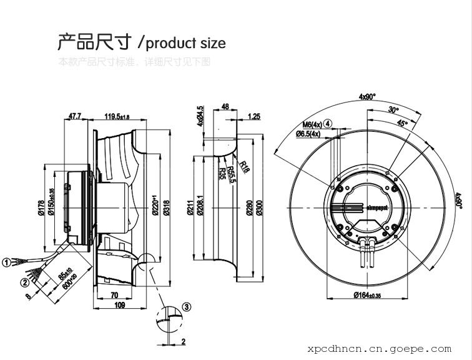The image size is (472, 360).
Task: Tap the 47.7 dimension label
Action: click(x=75, y=116)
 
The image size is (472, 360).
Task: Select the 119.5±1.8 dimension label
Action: click(x=116, y=116)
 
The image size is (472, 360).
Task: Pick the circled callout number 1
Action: click(x=6, y=262)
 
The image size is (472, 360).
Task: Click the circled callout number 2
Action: click(x=25, y=282)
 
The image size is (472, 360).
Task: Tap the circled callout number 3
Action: click(x=186, y=307)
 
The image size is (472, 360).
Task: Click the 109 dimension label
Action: click(x=119, y=305)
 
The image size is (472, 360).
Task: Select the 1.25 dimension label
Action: click(x=254, y=116)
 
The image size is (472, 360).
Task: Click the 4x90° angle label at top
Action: click(x=367, y=97)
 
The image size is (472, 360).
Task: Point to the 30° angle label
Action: click(x=393, y=109)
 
